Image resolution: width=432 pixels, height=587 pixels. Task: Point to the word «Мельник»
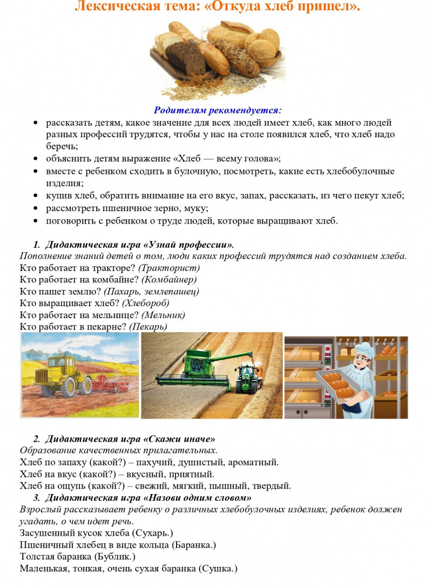click(163, 315)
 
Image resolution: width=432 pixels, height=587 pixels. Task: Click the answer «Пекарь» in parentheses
click(148, 327)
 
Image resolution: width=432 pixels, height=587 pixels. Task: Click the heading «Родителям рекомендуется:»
click(218, 111)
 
